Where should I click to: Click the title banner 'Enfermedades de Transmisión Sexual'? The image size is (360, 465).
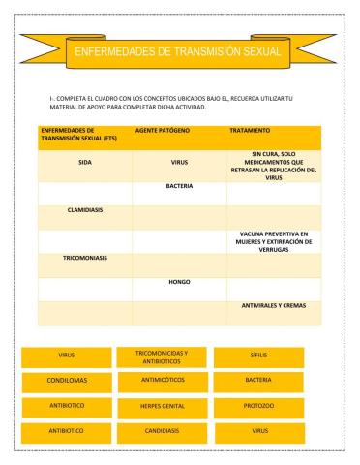point(180,50)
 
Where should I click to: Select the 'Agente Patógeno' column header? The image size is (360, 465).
point(162,129)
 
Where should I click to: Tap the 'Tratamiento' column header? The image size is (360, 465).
point(250,129)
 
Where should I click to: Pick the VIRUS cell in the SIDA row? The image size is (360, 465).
point(179,163)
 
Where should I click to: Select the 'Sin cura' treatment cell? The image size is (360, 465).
point(272,165)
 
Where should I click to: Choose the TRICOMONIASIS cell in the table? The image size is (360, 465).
point(85,258)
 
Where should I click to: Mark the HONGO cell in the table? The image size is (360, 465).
point(179,282)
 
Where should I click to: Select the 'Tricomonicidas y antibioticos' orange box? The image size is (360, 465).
point(161,357)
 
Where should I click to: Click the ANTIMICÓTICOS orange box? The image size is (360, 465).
point(161,381)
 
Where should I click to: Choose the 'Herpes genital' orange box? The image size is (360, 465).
point(161,405)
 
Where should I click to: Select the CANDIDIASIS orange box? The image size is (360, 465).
point(161,429)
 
